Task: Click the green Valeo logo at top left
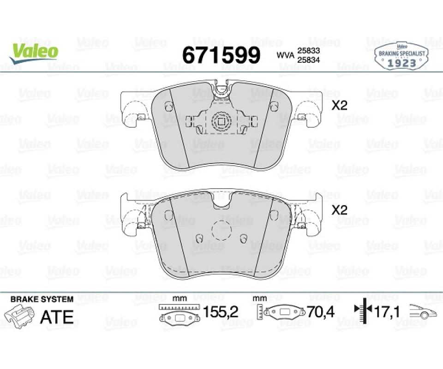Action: pyautogui.click(x=34, y=54)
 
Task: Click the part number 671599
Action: pyautogui.click(x=221, y=55)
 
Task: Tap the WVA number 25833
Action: pyautogui.click(x=308, y=51)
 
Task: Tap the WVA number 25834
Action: pyautogui.click(x=308, y=60)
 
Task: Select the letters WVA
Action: pyautogui.click(x=285, y=55)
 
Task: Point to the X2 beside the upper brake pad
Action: pyautogui.click(x=339, y=106)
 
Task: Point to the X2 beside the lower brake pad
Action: pyautogui.click(x=339, y=210)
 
